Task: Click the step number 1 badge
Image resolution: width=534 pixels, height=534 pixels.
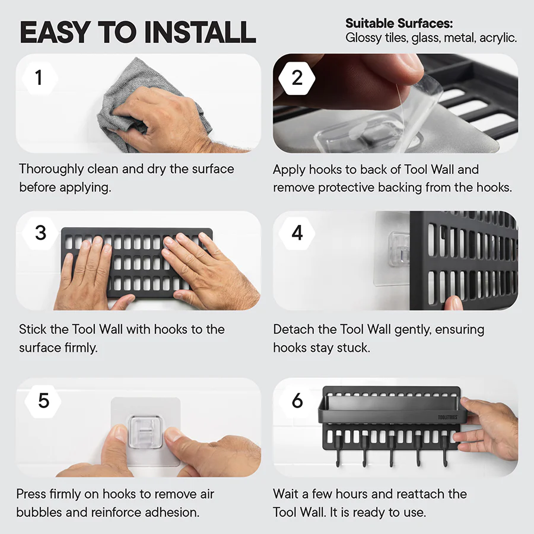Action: [x=40, y=77]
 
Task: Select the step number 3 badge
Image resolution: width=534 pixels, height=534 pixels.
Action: [x=40, y=233]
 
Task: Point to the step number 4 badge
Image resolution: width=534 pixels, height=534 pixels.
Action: [x=297, y=233]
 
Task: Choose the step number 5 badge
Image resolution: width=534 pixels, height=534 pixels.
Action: [x=43, y=401]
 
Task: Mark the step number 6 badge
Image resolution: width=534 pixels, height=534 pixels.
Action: [x=297, y=401]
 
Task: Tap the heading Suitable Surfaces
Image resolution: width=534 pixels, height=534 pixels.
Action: [x=399, y=24]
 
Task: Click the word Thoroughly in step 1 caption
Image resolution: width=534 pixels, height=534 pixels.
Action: [x=51, y=169]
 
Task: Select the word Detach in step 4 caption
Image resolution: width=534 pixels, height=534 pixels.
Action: [x=293, y=329]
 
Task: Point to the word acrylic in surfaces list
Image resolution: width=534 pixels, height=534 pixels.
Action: [x=497, y=38]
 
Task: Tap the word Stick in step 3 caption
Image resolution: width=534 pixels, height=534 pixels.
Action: [x=31, y=329]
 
